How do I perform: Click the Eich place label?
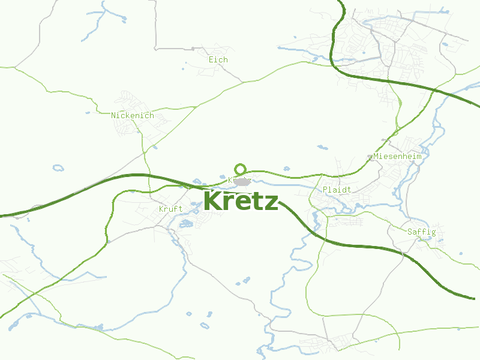(x=218, y=60)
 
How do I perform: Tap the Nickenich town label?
(x=132, y=115)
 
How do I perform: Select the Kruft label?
(x=170, y=209)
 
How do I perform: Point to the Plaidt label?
(x=337, y=190)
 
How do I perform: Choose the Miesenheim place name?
(x=397, y=157)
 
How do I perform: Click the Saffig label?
(x=421, y=232)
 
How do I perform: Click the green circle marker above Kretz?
(x=240, y=169)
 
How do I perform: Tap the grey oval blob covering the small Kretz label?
(x=241, y=181)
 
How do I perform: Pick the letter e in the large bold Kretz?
(x=241, y=203)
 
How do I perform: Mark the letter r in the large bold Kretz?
(x=228, y=203)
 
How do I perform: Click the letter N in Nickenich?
(x=113, y=115)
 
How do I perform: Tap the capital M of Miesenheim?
(x=376, y=157)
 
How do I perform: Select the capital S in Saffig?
(x=409, y=232)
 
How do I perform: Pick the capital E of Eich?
(x=211, y=60)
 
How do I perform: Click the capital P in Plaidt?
(x=325, y=190)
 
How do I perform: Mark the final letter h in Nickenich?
(x=151, y=115)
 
